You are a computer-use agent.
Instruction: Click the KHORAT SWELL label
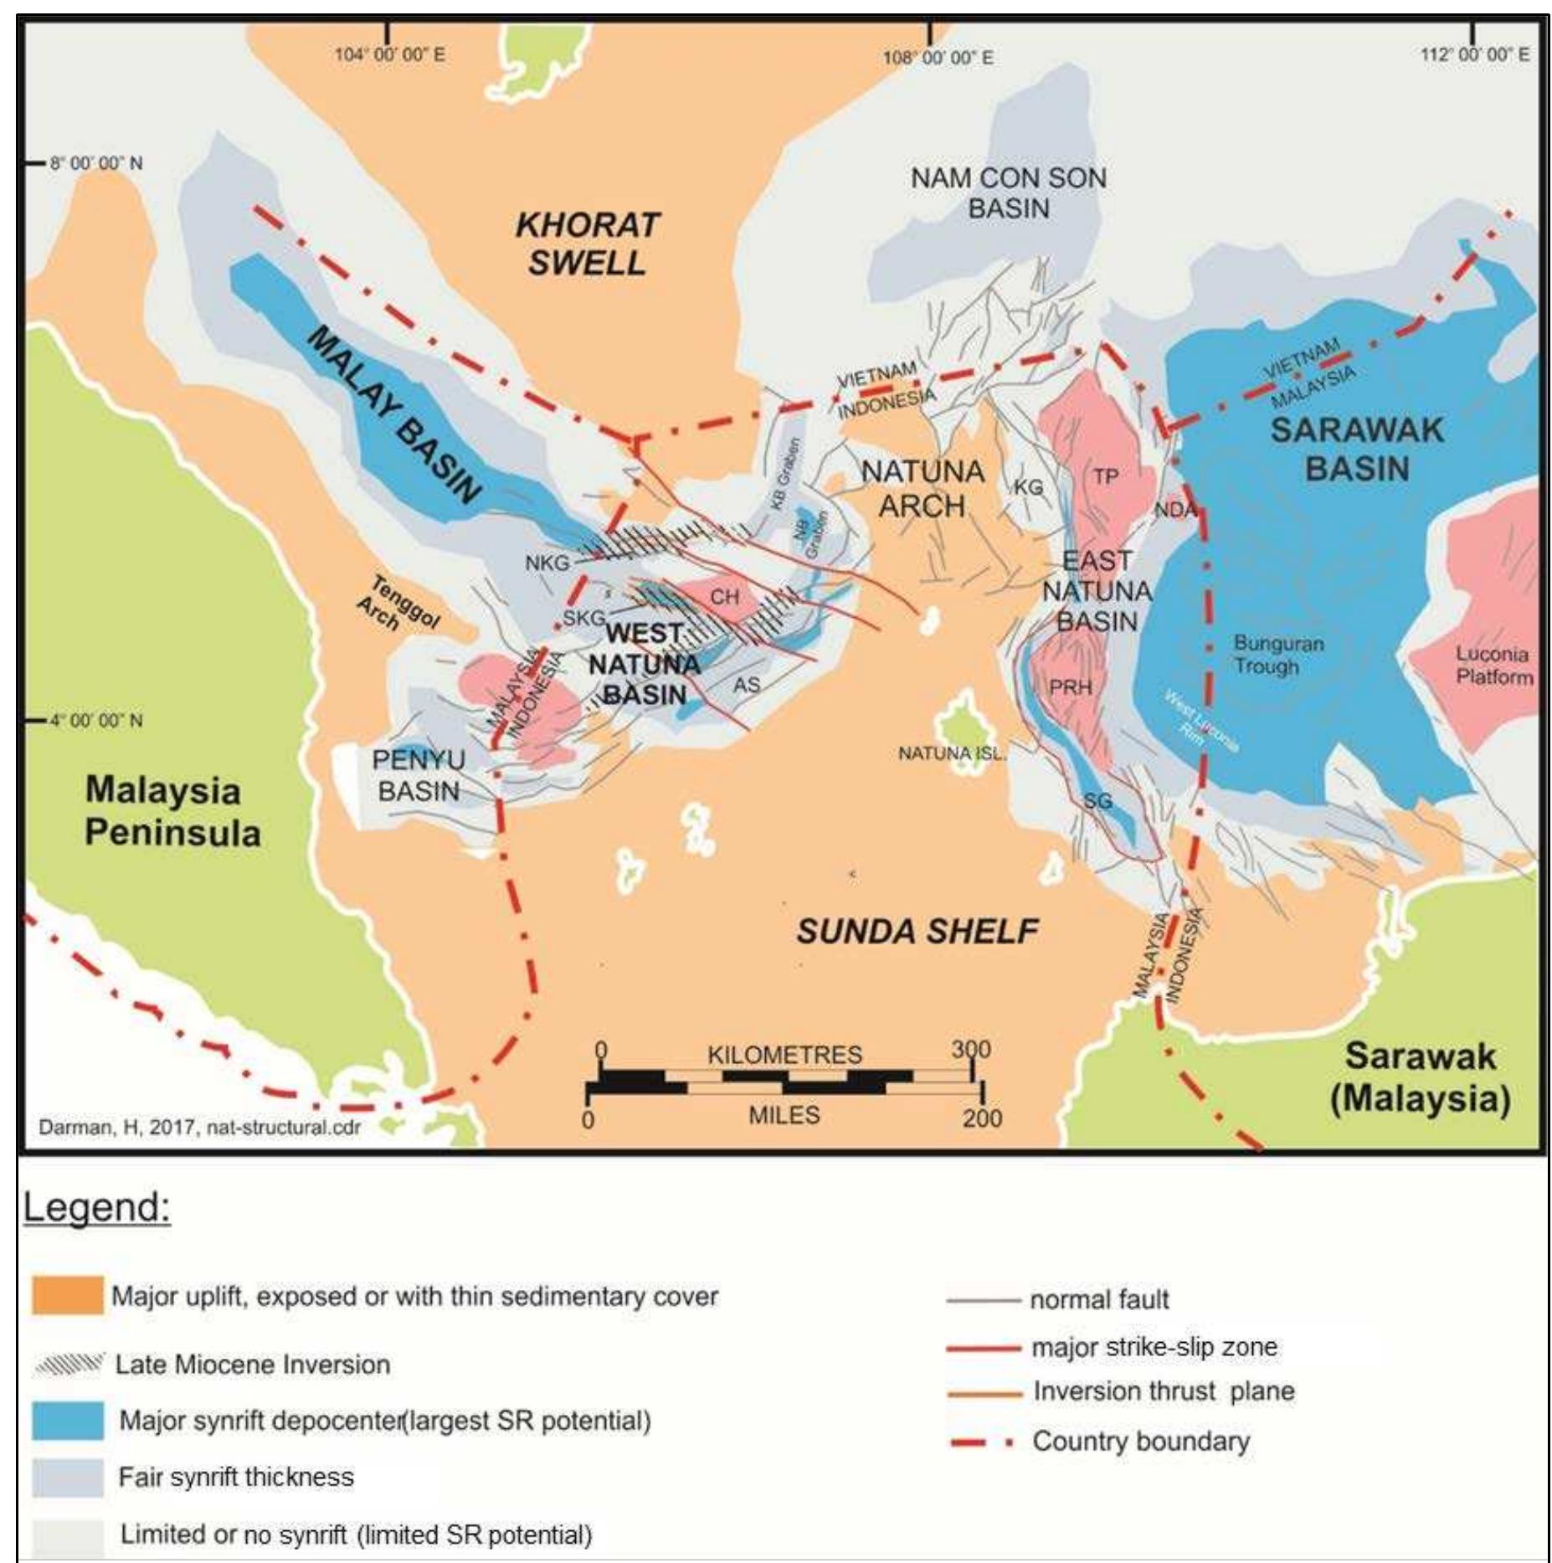[x=587, y=244]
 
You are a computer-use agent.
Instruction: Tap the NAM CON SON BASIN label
[x=1008, y=193]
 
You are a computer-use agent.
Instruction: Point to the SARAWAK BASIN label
[x=1357, y=449]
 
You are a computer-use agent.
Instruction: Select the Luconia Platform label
[x=1493, y=666]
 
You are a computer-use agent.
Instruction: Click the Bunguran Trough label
[x=1277, y=655]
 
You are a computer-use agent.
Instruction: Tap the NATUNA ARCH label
[x=922, y=488]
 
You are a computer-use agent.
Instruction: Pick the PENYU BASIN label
[x=418, y=775]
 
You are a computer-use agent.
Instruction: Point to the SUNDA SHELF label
[x=917, y=931]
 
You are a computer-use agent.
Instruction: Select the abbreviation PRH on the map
[x=1071, y=687]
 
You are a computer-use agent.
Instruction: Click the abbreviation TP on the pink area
[x=1105, y=476]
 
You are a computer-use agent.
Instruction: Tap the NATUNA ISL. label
[x=952, y=753]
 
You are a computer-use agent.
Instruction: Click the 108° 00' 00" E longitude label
[x=938, y=58]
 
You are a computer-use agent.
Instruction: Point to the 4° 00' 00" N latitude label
[x=95, y=720]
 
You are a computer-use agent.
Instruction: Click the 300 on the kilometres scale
[x=971, y=1049]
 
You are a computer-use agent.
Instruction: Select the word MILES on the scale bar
[x=784, y=1115]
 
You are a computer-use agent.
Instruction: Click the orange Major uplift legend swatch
[x=68, y=1295]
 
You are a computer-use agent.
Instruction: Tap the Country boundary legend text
[x=1140, y=1441]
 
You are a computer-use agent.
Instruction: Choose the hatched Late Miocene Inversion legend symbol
[x=69, y=1364]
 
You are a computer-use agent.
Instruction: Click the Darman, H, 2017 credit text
[x=199, y=1127]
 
